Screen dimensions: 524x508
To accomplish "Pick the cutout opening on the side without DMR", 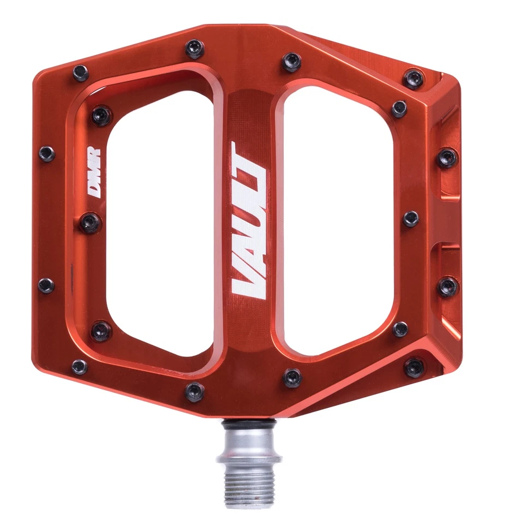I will tap(338, 218).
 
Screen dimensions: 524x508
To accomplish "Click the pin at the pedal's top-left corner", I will tap(80, 73).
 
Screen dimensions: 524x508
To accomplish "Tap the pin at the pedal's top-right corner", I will tap(414, 78).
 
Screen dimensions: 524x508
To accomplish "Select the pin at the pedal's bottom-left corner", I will tap(79, 367).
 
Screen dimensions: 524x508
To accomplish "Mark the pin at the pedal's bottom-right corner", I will tap(414, 367).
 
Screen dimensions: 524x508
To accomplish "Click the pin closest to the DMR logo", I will tap(90, 222).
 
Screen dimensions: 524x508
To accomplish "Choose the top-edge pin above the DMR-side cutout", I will tap(194, 48).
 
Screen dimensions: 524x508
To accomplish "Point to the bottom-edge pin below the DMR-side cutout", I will tap(195, 391).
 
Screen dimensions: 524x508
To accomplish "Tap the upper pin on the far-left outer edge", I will tap(46, 154).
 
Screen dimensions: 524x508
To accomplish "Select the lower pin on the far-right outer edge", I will tap(448, 286).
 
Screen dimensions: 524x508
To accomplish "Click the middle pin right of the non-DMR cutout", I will tap(411, 219).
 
